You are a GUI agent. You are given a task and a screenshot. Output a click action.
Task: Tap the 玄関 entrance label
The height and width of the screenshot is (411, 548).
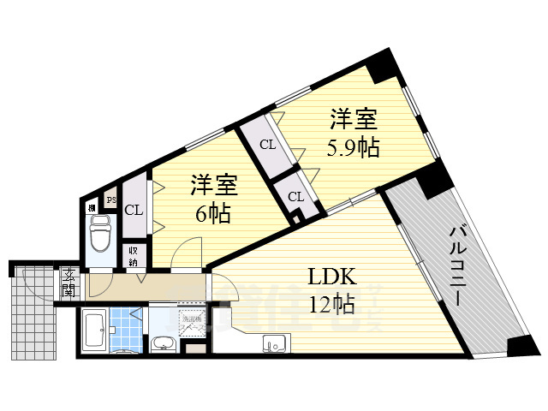pyautogui.click(x=68, y=282)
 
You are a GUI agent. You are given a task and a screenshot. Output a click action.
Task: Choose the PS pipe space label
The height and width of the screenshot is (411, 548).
pyautogui.click(x=110, y=200)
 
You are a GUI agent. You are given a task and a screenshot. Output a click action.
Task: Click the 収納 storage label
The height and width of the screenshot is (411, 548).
pyautogui.click(x=134, y=256)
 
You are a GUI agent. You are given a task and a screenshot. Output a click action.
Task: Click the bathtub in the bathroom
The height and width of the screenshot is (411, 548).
pyautogui.click(x=94, y=331)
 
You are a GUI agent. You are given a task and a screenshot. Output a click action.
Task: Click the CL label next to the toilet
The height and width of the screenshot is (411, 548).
pyautogui.click(x=134, y=210)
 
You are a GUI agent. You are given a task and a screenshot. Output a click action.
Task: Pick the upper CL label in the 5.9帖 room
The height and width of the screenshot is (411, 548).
pyautogui.click(x=268, y=145)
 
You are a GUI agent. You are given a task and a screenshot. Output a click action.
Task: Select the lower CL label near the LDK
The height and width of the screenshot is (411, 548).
pyautogui.click(x=295, y=197)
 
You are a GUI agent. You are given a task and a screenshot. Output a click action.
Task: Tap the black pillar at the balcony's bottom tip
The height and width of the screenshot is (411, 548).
pyautogui.click(x=520, y=345)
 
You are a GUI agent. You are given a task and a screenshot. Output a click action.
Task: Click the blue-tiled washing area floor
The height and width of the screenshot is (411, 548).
pyautogui.click(x=128, y=330)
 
